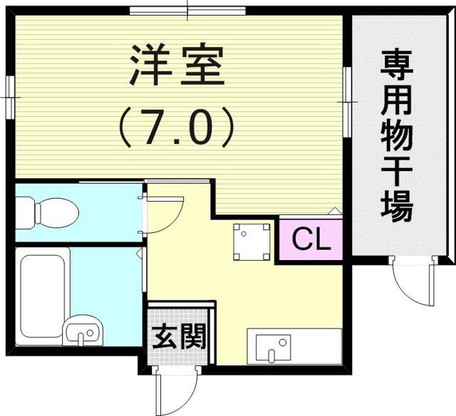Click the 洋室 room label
click(x=177, y=66)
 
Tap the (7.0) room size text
click(x=176, y=128)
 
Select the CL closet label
click(x=311, y=239)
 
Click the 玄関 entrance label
click(x=180, y=336)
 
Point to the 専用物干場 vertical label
click(x=397, y=137)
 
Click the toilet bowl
click(x=57, y=213)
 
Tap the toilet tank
click(x=25, y=213)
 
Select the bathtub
click(x=43, y=296)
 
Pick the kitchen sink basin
click(x=273, y=348)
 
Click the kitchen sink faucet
click(x=271, y=356)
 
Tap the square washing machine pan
click(x=252, y=241)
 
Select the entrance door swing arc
click(x=185, y=400)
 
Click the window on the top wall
click(x=187, y=11)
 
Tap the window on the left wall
click(x=10, y=97)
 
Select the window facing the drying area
click(x=347, y=102)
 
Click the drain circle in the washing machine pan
click(x=244, y=233)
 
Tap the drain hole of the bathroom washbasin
click(x=90, y=332)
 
